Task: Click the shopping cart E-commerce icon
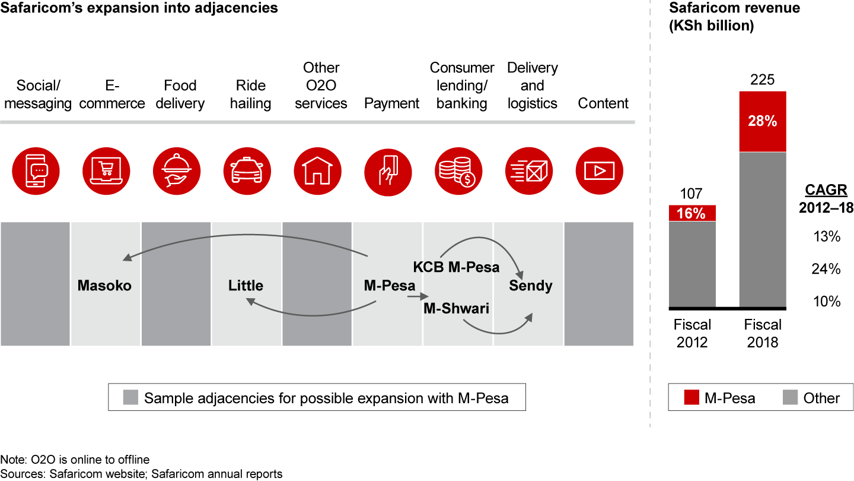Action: (106, 171)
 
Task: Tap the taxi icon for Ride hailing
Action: (247, 171)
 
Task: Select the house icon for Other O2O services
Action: (317, 171)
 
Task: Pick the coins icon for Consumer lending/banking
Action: (458, 171)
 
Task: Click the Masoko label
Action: (104, 286)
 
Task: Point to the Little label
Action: (246, 286)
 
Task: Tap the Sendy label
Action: (531, 286)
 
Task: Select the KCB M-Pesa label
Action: (457, 267)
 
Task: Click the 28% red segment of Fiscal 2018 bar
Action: (763, 121)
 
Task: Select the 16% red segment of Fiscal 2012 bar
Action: (692, 213)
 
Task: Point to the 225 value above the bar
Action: (763, 79)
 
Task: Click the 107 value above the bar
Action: (692, 194)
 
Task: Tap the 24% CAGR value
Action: (826, 269)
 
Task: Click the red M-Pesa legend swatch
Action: (692, 398)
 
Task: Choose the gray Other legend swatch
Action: (790, 398)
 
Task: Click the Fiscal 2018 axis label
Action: (763, 334)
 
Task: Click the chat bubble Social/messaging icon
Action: (36, 171)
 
